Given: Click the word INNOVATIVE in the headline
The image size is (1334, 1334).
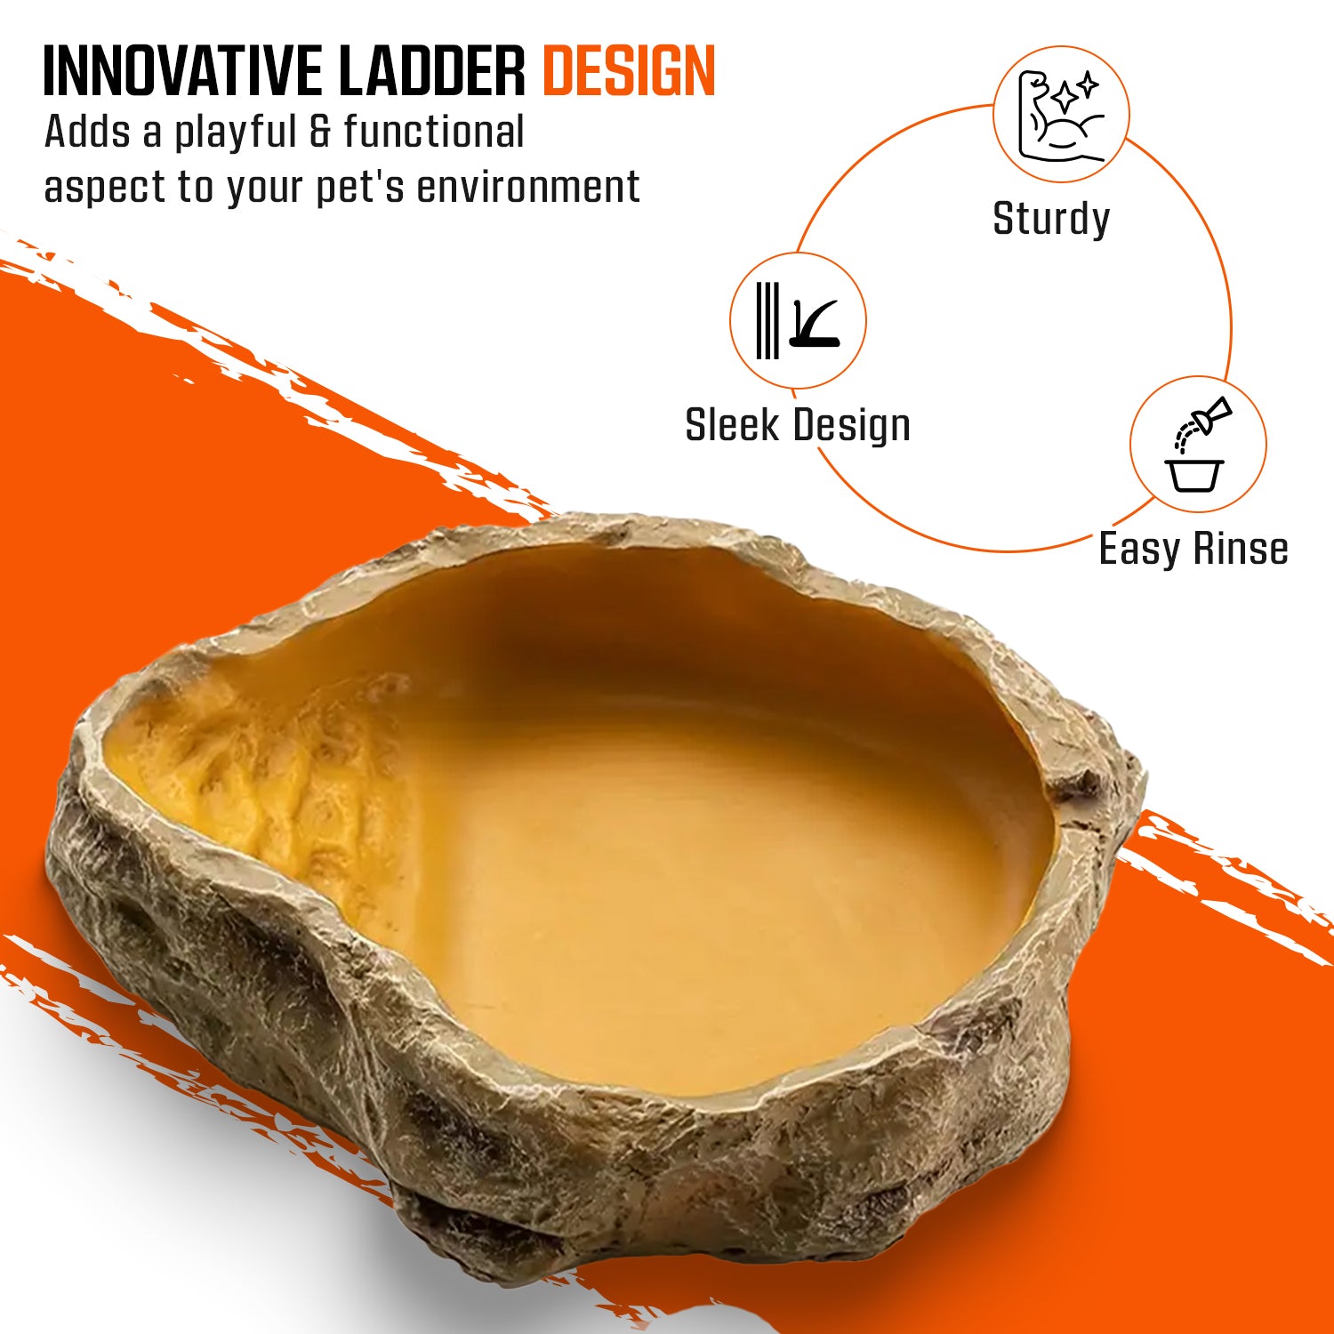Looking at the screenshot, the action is click(182, 70).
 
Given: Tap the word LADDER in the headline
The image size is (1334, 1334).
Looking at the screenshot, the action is click(432, 70).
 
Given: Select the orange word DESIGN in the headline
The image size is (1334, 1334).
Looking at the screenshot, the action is click(629, 70).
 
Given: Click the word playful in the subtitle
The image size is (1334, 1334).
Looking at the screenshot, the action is click(235, 133).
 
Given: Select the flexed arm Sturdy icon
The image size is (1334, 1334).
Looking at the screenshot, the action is click(1061, 115).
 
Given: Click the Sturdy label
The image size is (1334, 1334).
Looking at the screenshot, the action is click(1051, 219).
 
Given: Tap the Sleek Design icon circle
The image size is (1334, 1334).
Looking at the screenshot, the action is click(798, 320).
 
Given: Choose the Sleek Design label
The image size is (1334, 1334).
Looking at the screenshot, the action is click(798, 425).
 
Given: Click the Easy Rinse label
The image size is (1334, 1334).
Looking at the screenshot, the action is click(1193, 549).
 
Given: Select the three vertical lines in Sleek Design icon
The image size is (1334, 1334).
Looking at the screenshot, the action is click(767, 320).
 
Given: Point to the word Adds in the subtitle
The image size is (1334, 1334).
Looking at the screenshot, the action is click(88, 133).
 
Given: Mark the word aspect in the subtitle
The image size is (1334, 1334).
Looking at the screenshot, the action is click(104, 189).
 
